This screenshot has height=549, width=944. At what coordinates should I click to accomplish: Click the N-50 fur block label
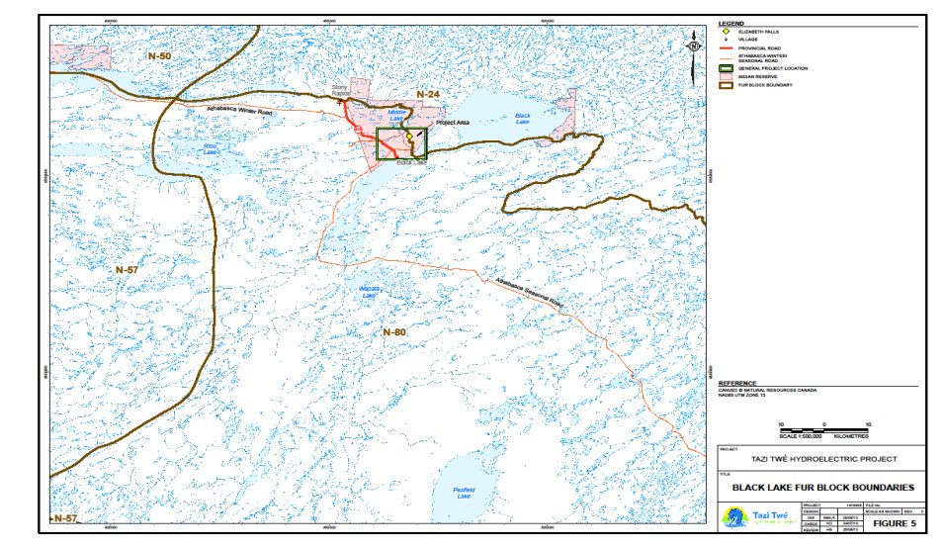(x=159, y=56)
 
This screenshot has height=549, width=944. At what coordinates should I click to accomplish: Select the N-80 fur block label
(x=394, y=332)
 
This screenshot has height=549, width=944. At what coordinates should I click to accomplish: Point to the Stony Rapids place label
(x=342, y=92)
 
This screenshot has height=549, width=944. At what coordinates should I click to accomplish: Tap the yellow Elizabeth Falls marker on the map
(x=408, y=138)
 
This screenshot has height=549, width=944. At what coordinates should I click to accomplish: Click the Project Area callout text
(x=452, y=122)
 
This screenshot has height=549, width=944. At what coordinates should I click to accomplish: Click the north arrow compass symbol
(x=695, y=45)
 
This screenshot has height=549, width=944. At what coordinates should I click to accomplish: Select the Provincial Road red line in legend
(x=727, y=48)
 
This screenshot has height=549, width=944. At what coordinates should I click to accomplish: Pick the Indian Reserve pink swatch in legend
(x=727, y=77)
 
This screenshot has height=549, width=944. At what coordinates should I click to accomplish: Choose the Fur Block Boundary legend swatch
(x=727, y=86)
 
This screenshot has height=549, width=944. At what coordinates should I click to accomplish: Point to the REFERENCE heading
(x=737, y=383)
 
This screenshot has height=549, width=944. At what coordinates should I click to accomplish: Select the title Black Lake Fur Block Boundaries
(x=822, y=487)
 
